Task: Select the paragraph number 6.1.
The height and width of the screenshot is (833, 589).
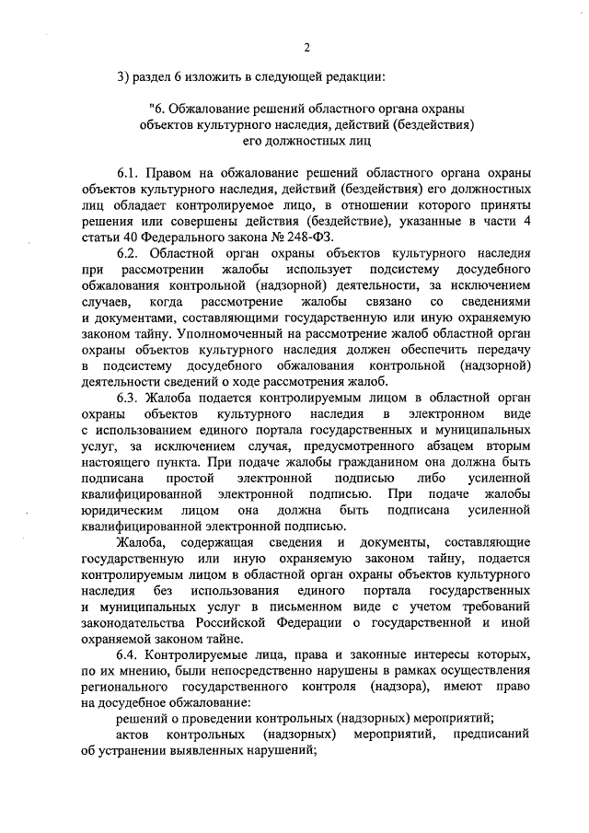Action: click(x=129, y=173)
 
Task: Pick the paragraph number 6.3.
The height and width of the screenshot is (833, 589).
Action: click(x=129, y=398)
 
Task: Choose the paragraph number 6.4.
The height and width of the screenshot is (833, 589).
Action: click(x=129, y=654)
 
